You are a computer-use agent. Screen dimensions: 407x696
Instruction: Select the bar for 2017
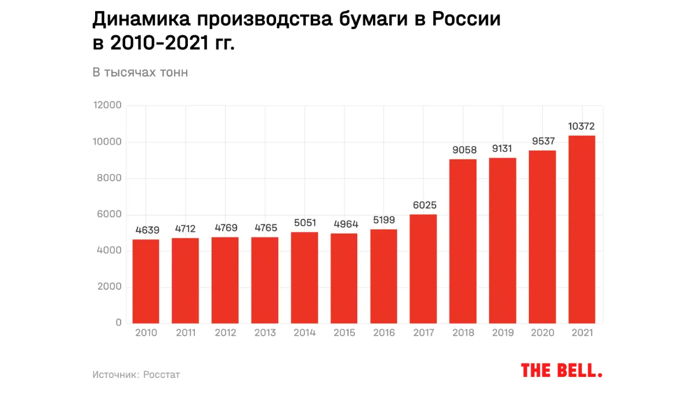pyautogui.click(x=423, y=268)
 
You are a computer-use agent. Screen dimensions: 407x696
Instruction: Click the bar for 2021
pyautogui.click(x=582, y=229)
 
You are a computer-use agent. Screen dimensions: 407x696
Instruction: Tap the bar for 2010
pyautogui.click(x=146, y=281)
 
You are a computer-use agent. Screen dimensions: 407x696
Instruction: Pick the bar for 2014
pyautogui.click(x=304, y=277)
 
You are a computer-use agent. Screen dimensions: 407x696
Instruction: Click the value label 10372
pyautogui.click(x=582, y=126)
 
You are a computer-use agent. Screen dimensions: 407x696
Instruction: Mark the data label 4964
pyautogui.click(x=344, y=224)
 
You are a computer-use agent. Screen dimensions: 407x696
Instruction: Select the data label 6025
pyautogui.click(x=423, y=205)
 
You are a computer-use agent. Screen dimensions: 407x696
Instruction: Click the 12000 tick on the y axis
pyautogui.click(x=107, y=106)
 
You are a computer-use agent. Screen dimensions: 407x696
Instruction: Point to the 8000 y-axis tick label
pyautogui.click(x=110, y=179)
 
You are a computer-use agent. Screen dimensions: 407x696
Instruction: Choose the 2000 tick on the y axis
pyautogui.click(x=110, y=287)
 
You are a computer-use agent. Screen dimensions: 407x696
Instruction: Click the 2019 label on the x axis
pyautogui.click(x=502, y=333)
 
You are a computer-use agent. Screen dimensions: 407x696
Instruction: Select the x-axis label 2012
pyautogui.click(x=225, y=333)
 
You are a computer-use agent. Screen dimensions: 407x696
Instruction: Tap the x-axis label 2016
pyautogui.click(x=383, y=333)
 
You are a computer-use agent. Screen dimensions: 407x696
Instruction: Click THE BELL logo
pyautogui.click(x=561, y=370)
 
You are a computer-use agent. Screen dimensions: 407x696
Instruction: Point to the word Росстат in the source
pyautogui.click(x=162, y=375)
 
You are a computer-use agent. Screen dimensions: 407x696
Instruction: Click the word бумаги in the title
pyautogui.click(x=373, y=20)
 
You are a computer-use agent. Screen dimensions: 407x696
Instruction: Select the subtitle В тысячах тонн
pyautogui.click(x=140, y=72)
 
